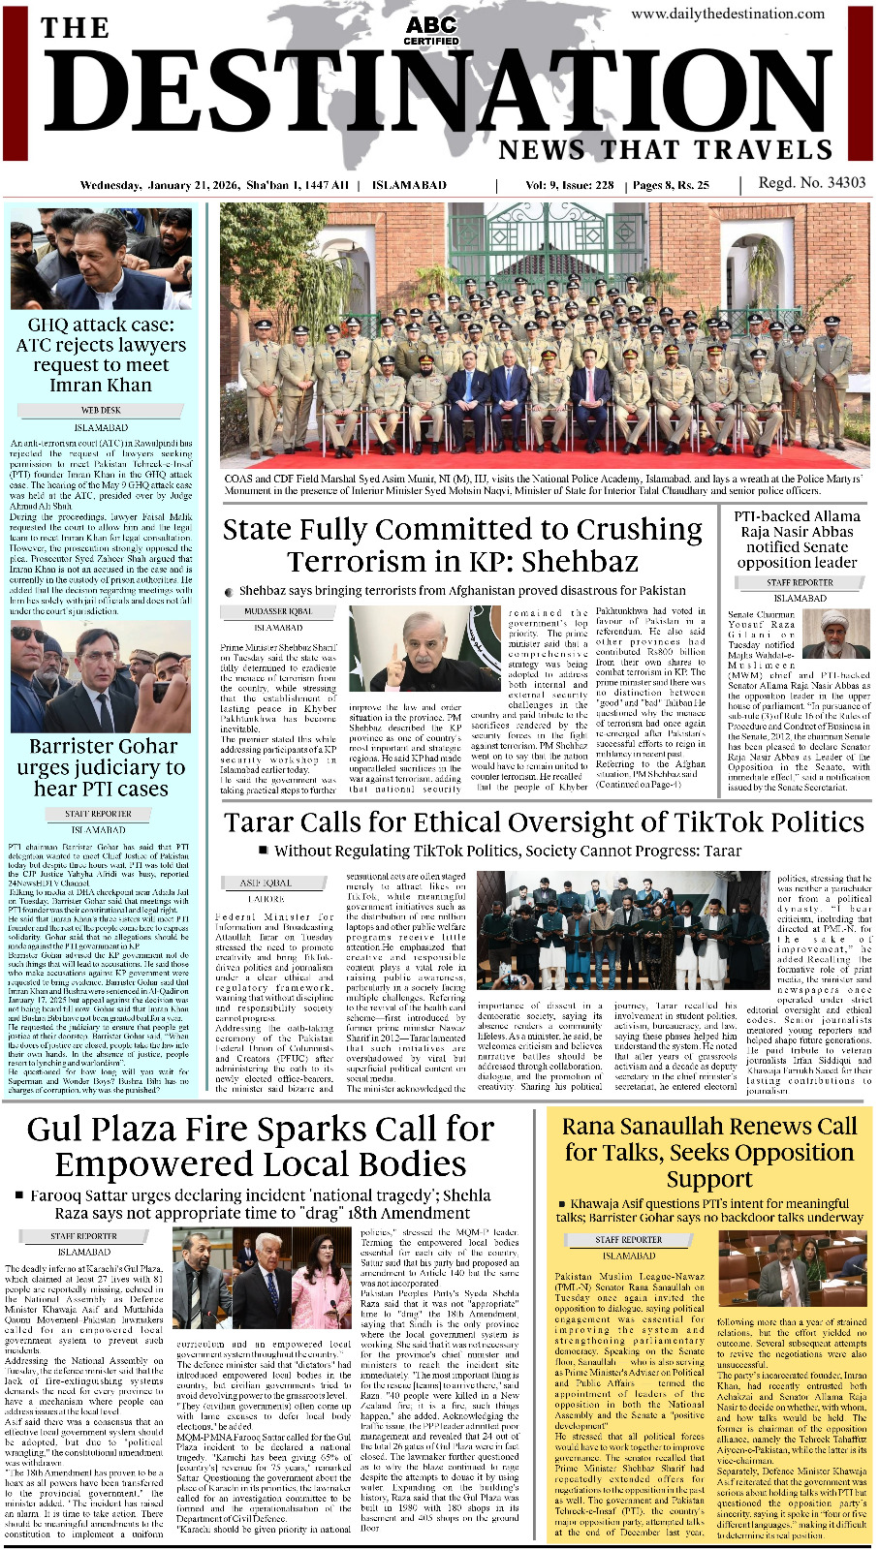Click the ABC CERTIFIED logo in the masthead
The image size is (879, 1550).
(431, 30)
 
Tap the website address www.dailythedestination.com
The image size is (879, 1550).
(728, 14)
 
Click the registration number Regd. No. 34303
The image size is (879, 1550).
(812, 183)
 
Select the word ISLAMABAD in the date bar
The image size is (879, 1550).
(409, 185)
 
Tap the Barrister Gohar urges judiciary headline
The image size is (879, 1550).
(102, 767)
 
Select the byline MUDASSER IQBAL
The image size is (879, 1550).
(279, 612)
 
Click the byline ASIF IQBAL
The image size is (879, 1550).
(265, 883)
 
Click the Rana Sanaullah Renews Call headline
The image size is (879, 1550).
(709, 1152)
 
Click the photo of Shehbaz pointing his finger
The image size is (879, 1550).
(424, 649)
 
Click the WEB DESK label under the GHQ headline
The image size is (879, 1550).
(101, 411)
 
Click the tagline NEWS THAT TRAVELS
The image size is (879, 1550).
(665, 150)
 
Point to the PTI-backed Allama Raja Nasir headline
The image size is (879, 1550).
(797, 539)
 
